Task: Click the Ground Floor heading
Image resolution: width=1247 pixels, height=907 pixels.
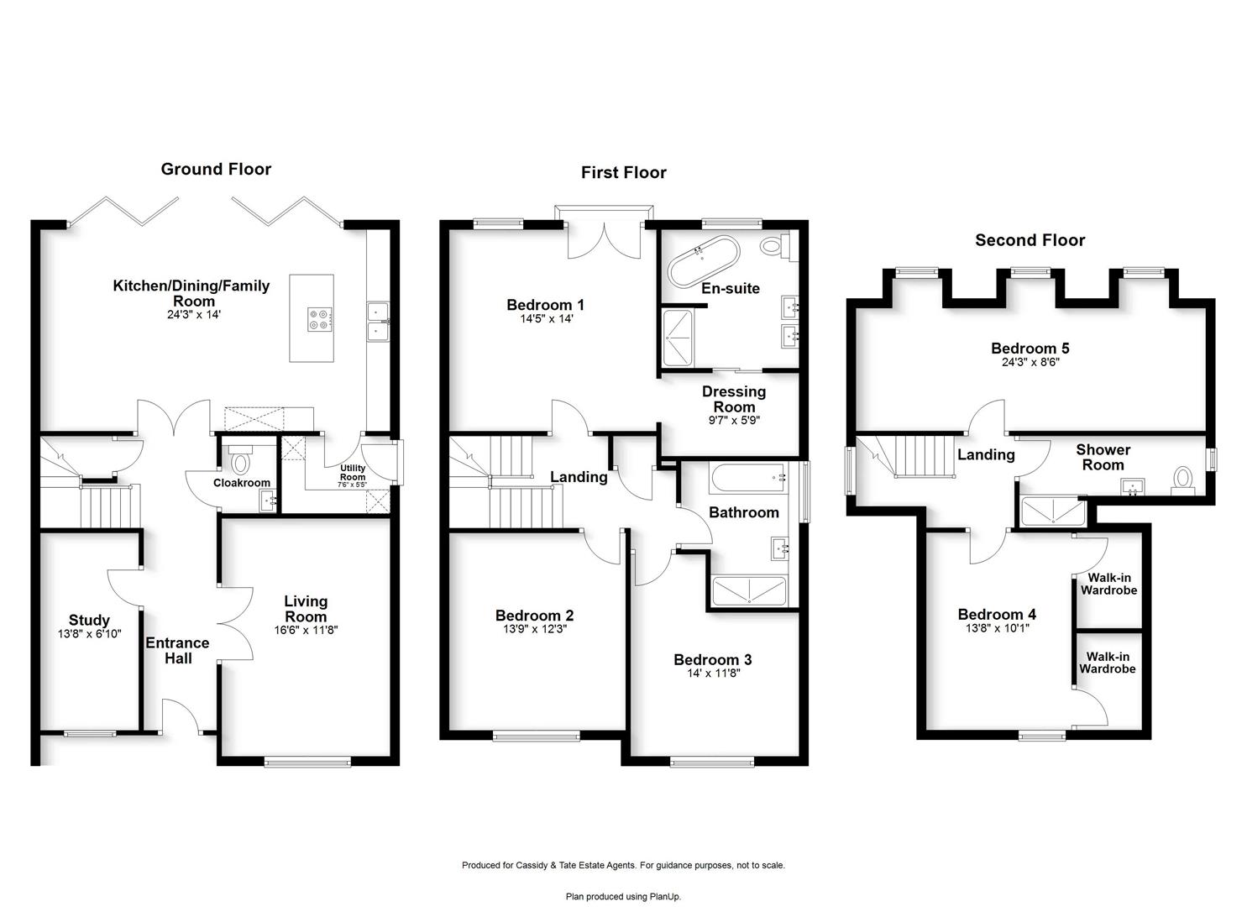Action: tap(216, 170)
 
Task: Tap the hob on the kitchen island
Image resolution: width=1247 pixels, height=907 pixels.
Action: tap(320, 320)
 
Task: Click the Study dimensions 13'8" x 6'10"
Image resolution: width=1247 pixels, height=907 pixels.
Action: tap(89, 633)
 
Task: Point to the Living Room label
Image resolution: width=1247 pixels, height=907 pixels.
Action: tap(306, 609)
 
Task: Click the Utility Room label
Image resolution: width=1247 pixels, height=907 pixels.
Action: tap(353, 472)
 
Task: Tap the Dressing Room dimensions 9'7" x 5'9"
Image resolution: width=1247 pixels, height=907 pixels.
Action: tap(734, 421)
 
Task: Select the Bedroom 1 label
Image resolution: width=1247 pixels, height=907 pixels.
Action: tap(545, 305)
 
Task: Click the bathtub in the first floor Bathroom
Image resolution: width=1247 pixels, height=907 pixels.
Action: tap(747, 478)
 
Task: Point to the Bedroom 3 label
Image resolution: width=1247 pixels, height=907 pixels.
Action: tap(713, 659)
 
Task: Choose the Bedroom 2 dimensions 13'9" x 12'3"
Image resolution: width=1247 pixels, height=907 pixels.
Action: tap(534, 629)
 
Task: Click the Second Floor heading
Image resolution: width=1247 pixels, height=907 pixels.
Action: tap(1030, 240)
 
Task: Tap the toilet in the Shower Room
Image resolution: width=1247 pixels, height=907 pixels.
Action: tap(1182, 481)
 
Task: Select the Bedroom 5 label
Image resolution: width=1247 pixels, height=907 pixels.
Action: tap(1030, 348)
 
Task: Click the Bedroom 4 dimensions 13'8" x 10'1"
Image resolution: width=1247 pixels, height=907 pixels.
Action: tap(997, 628)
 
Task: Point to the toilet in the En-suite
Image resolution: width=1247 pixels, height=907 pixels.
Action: tap(778, 245)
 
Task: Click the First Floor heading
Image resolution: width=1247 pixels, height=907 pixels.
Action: tap(623, 173)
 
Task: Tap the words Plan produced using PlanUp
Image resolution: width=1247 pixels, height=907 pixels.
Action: tap(623, 896)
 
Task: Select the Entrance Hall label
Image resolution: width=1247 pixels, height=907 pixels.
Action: tap(177, 650)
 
